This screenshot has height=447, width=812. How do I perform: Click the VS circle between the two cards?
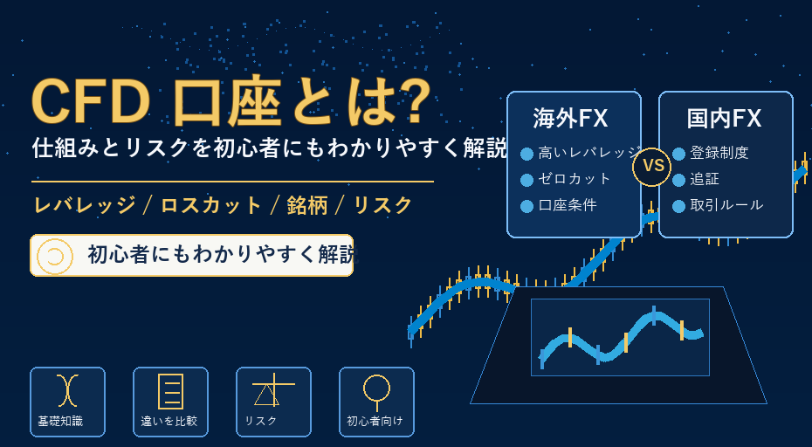tap(652, 167)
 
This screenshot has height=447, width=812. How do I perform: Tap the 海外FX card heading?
tap(570, 118)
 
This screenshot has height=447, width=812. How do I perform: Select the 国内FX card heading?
tap(724, 118)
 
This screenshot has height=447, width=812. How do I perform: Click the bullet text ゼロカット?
tap(575, 179)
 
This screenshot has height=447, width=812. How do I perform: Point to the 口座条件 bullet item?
tap(568, 205)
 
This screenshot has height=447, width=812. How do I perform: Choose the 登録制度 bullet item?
tap(719, 153)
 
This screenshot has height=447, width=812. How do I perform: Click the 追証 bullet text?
tap(705, 179)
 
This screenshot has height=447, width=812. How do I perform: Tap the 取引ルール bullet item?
tap(726, 205)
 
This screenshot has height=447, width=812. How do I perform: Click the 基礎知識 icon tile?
tap(67, 402)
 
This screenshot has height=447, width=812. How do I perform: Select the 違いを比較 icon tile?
tap(170, 402)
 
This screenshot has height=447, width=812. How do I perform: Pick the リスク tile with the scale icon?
tap(273, 402)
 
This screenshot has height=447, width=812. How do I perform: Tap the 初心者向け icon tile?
tap(376, 402)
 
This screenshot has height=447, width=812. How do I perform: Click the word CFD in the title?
tap(91, 102)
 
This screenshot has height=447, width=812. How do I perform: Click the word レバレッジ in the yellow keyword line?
tap(85, 206)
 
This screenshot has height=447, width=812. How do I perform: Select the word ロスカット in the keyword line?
tap(210, 206)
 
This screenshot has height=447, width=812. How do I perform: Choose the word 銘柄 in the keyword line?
tap(307, 206)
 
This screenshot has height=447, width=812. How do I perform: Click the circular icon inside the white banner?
tap(54, 256)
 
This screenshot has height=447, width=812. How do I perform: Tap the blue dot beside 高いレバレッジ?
tap(526, 154)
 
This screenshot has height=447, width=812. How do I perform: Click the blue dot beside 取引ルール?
tap(679, 206)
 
